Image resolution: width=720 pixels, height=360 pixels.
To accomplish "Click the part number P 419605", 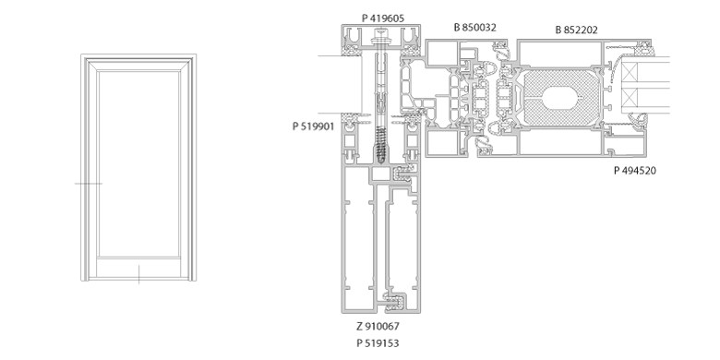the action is point(383,18).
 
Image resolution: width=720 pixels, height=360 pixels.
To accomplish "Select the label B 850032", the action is point(474,28).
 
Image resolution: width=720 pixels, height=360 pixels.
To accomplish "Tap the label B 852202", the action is point(576,30).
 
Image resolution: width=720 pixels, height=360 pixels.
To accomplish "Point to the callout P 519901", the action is point(314,126).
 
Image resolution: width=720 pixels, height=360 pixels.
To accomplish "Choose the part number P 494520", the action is point(635,171).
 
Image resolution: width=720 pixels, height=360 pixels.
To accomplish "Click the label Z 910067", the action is point(378,327).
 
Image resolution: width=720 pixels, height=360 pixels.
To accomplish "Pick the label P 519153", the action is point(378,343).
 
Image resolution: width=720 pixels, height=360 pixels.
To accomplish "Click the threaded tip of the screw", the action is point(380,160).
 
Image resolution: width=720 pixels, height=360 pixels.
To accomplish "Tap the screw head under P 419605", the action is point(380,33).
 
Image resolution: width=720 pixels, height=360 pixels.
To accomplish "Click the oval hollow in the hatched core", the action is point(562,97).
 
